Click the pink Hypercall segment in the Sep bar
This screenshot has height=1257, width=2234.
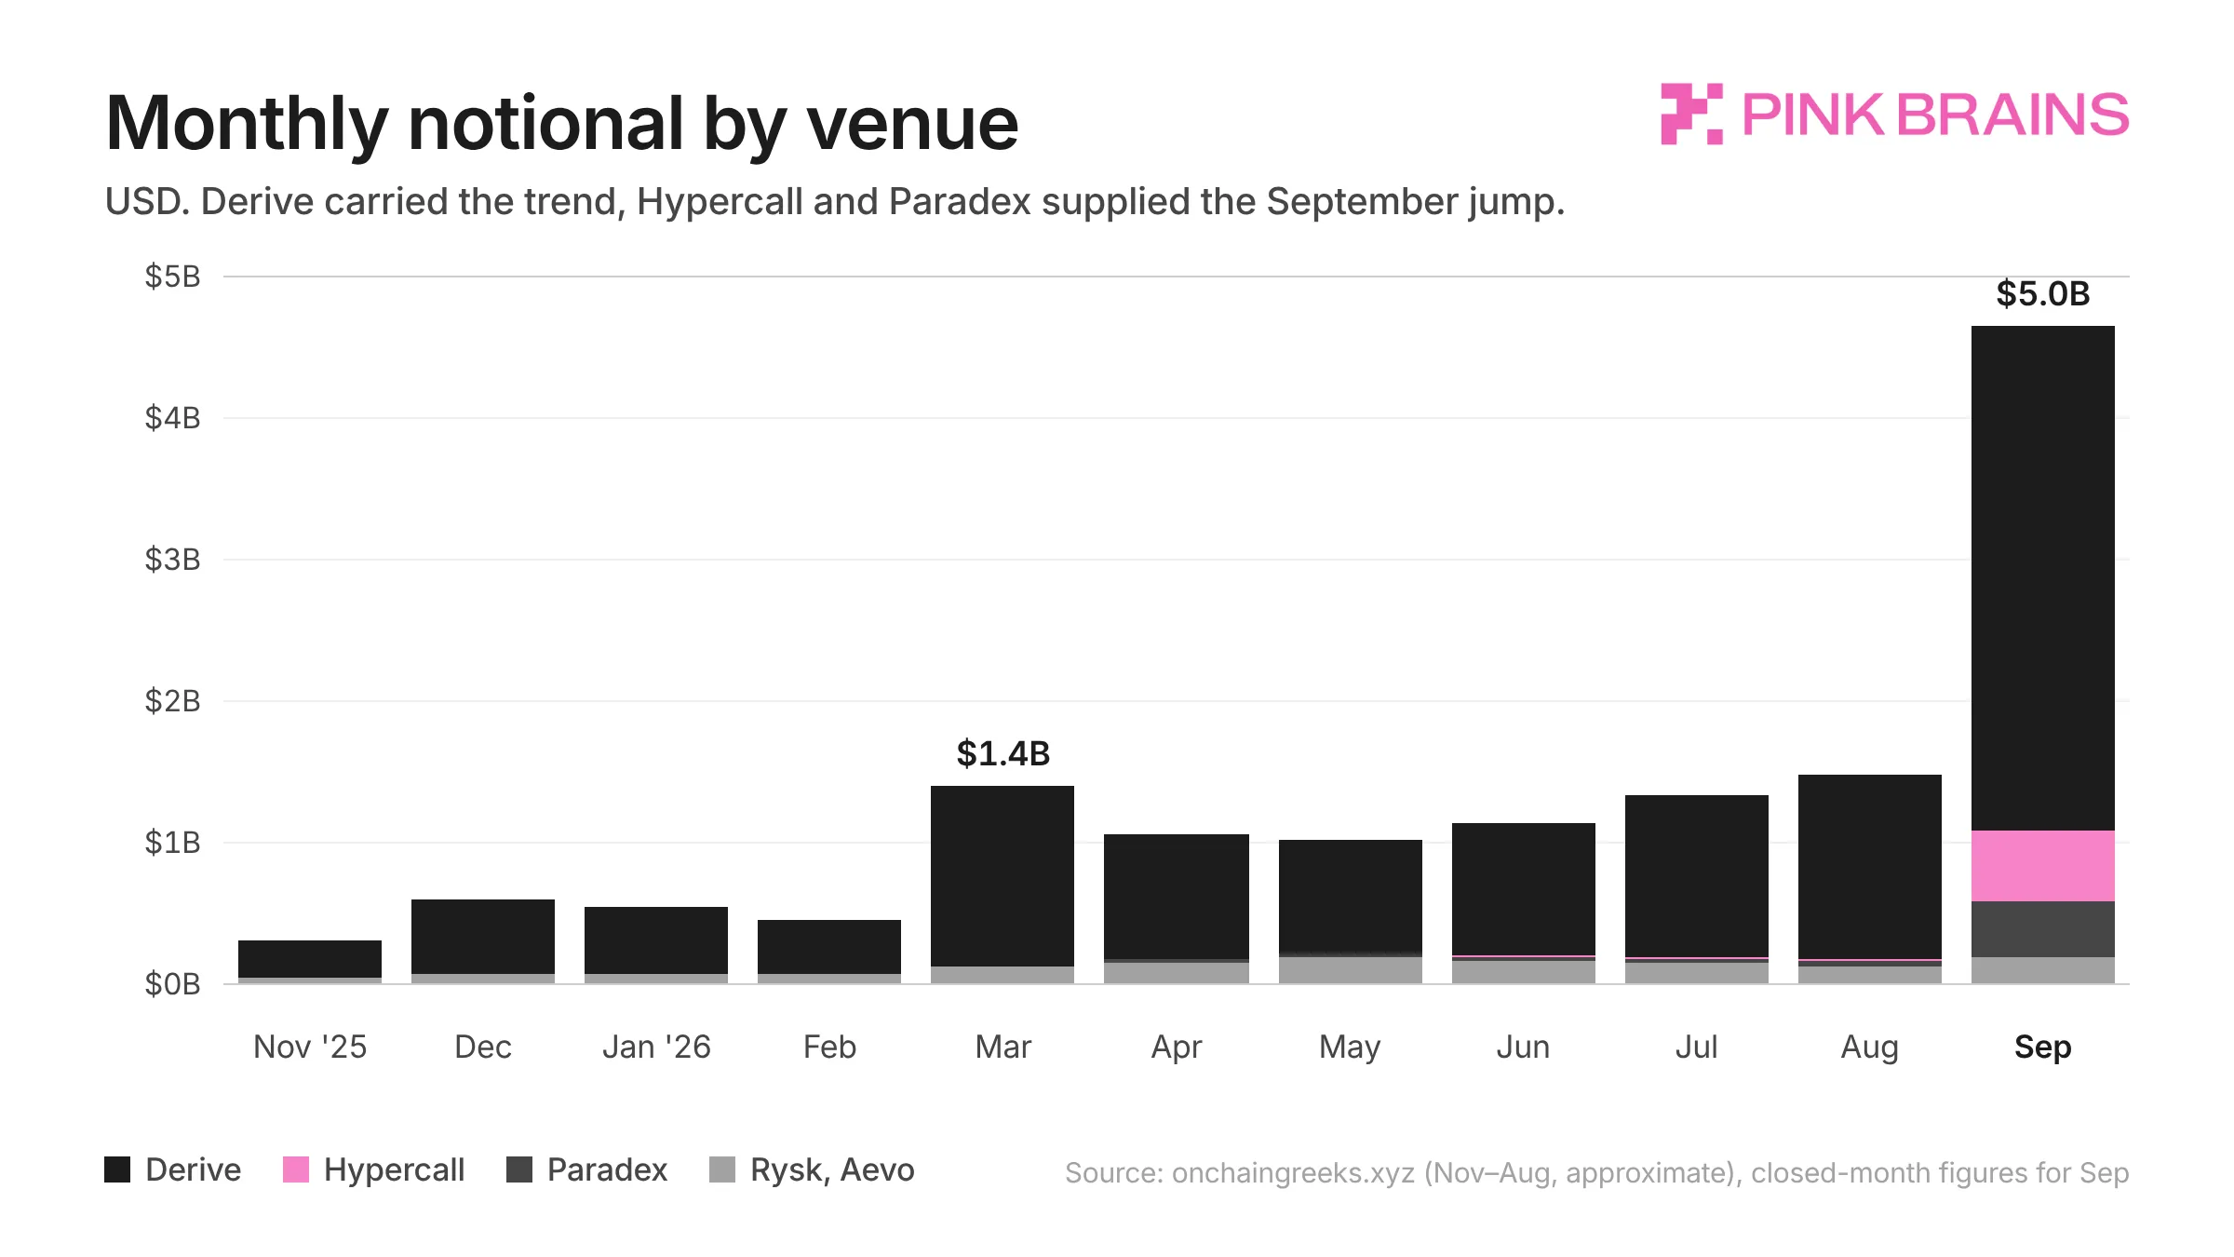tap(2042, 866)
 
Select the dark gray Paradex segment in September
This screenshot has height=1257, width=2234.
tap(2042, 929)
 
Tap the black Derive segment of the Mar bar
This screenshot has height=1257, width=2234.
tap(1003, 876)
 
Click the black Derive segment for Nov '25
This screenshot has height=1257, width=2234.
tap(310, 959)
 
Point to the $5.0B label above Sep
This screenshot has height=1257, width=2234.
tap(2043, 294)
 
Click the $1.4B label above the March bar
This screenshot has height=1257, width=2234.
tap(1003, 754)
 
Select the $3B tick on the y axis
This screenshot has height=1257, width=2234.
tap(172, 560)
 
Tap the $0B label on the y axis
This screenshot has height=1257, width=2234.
tap(172, 984)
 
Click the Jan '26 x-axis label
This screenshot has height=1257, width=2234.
tap(656, 1047)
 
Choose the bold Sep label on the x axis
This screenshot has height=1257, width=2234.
tap(2043, 1047)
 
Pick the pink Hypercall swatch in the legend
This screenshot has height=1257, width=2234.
tap(296, 1169)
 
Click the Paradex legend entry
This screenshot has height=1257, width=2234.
tap(587, 1169)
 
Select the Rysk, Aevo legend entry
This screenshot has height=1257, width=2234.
tap(812, 1169)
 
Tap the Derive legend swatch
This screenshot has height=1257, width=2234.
tap(117, 1169)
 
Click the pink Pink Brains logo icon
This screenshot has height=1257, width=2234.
tap(1691, 115)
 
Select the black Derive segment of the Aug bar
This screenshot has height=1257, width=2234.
tap(1870, 867)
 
